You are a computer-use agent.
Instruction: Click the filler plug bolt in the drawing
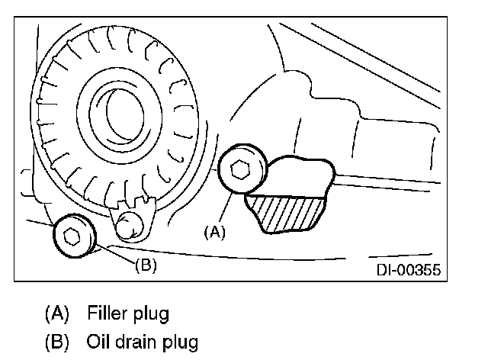point(242,172)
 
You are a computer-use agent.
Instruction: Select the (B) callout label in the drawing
point(145,266)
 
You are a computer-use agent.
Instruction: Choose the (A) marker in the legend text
point(58,313)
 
